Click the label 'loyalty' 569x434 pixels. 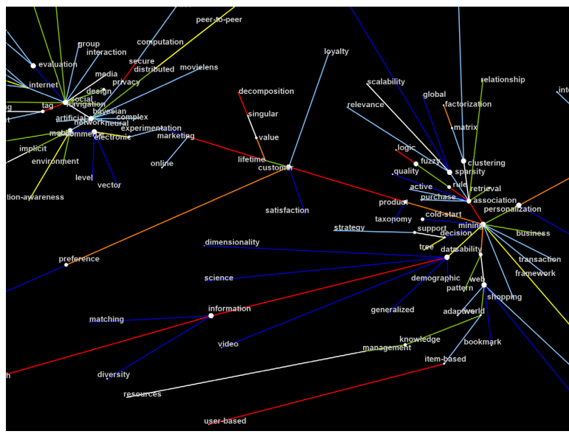pyautogui.click(x=337, y=52)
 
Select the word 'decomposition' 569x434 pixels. pyautogui.click(x=266, y=92)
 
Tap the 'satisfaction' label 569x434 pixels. pyautogui.click(x=287, y=210)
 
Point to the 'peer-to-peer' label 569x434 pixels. pyautogui.click(x=219, y=20)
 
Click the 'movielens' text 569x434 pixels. pyautogui.click(x=199, y=67)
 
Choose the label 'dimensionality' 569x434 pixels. pyautogui.click(x=232, y=242)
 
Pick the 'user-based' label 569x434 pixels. pyautogui.click(x=225, y=421)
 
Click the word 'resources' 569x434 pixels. pyautogui.click(x=142, y=394)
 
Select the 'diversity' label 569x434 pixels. pyautogui.click(x=114, y=375)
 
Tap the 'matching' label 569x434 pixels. pyautogui.click(x=106, y=320)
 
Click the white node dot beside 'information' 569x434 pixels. pyautogui.click(x=211, y=316)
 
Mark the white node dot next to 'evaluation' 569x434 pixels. pyautogui.click(x=33, y=66)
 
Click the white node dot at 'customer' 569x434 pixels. pyautogui.click(x=289, y=168)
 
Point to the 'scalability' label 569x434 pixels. pyautogui.click(x=386, y=82)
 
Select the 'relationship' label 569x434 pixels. pyautogui.click(x=503, y=80)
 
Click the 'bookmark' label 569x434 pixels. pyautogui.click(x=483, y=342)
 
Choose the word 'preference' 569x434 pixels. pyautogui.click(x=79, y=259)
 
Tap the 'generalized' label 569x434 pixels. pyautogui.click(x=393, y=310)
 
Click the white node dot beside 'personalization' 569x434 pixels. pyautogui.click(x=518, y=205)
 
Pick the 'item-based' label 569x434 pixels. pyautogui.click(x=445, y=359)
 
